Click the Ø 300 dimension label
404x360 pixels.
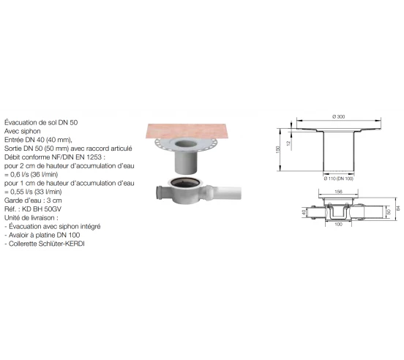(x=339, y=118)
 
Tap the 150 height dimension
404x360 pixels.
(x=278, y=149)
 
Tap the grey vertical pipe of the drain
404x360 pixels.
(x=188, y=162)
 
